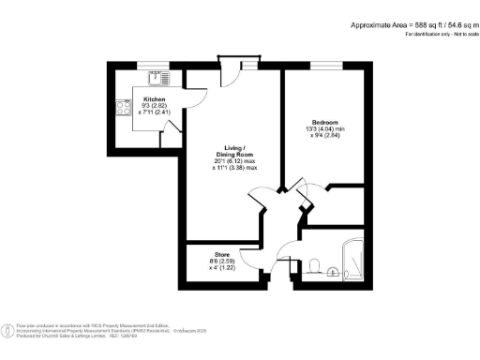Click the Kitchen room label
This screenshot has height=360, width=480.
[155, 98]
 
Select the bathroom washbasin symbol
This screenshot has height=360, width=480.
[335, 273]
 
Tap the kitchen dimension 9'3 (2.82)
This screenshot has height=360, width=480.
[155, 107]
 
